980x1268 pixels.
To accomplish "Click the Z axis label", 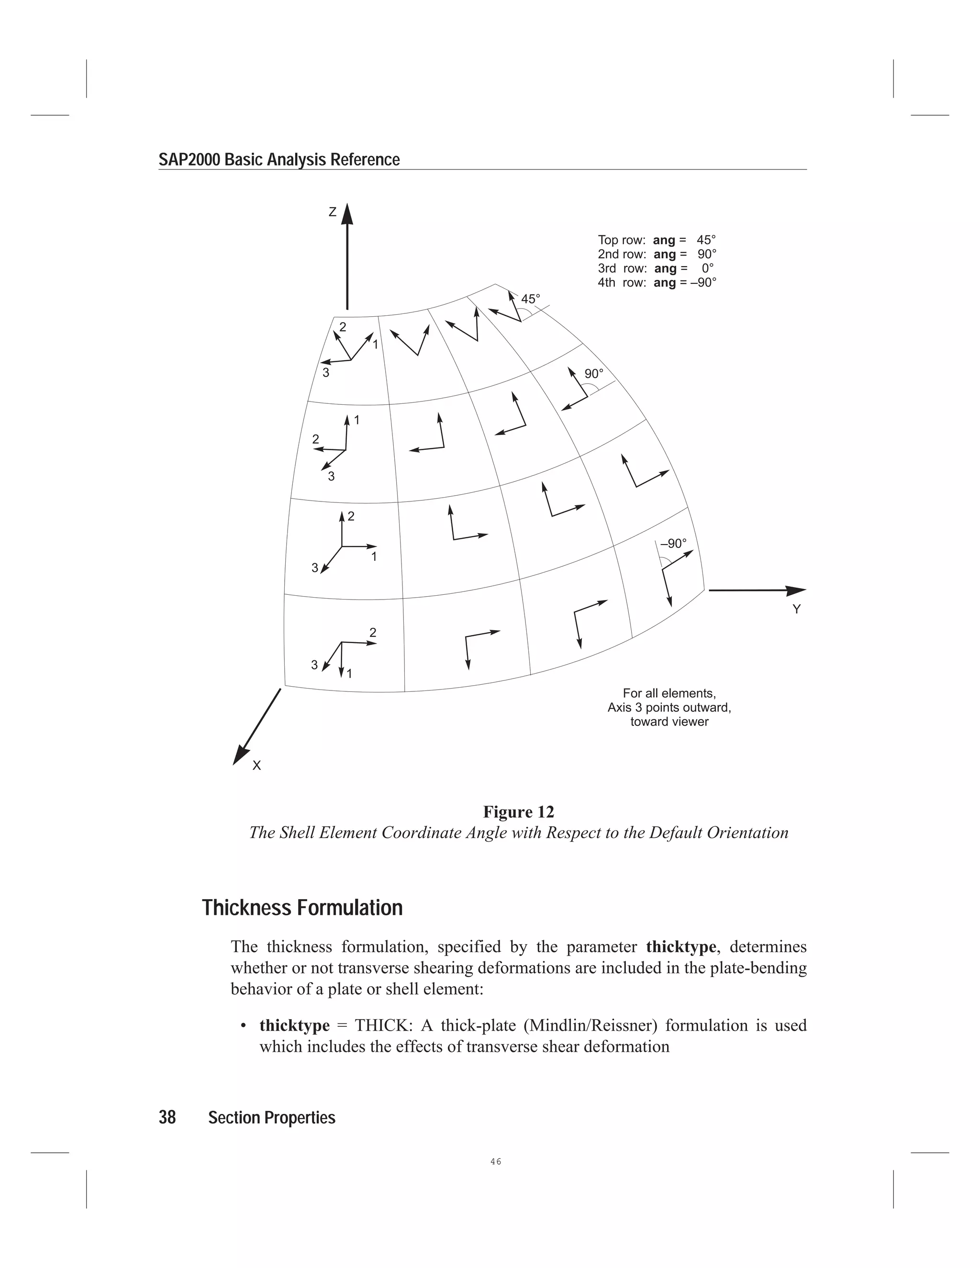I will [333, 212].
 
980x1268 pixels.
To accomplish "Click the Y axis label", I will [797, 609].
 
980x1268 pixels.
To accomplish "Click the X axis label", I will [256, 766].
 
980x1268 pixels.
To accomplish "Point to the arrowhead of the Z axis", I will [347, 214].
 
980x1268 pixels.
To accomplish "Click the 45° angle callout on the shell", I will [530, 299].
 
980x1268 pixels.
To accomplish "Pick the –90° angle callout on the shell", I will [673, 544].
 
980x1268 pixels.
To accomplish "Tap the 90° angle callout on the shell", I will [593, 374].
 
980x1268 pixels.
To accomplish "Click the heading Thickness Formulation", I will [302, 907].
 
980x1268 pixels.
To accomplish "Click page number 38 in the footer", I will [167, 1118].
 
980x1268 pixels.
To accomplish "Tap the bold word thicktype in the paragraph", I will [681, 947].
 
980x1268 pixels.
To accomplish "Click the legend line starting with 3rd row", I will [656, 268].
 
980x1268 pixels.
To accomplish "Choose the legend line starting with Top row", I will [657, 240].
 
